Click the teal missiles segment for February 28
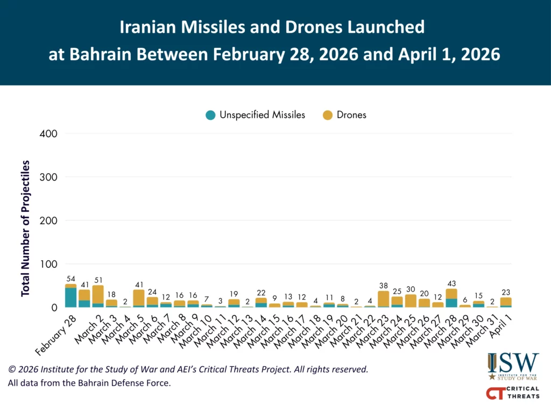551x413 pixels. (x=70, y=297)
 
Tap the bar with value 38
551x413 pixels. (x=384, y=298)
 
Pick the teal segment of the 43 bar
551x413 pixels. (x=451, y=303)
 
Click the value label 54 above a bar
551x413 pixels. (x=70, y=279)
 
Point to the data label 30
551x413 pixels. (x=411, y=289)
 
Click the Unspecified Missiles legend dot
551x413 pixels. (x=210, y=115)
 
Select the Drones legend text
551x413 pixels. (x=351, y=115)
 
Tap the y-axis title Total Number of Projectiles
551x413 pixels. (x=25, y=228)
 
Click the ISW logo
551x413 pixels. (x=513, y=366)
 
